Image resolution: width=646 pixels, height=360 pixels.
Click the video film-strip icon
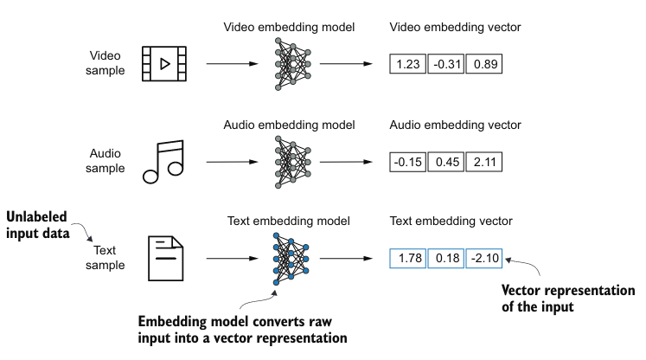click(x=164, y=64)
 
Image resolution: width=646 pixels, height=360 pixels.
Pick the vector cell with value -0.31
click(x=445, y=65)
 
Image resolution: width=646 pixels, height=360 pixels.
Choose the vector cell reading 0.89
click(x=484, y=65)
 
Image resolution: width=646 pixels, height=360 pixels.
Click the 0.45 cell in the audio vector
click(x=445, y=161)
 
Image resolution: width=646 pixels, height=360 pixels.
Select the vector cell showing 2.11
click(x=484, y=161)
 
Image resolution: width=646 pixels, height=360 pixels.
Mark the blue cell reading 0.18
click(x=445, y=257)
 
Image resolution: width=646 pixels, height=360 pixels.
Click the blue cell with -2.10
click(x=484, y=257)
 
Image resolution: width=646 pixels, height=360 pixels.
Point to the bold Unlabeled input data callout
click(x=40, y=223)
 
